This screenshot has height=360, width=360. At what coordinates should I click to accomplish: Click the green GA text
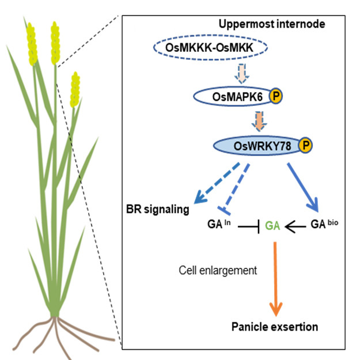click(272, 226)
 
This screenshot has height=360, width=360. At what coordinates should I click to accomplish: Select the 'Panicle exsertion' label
click(275, 327)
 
